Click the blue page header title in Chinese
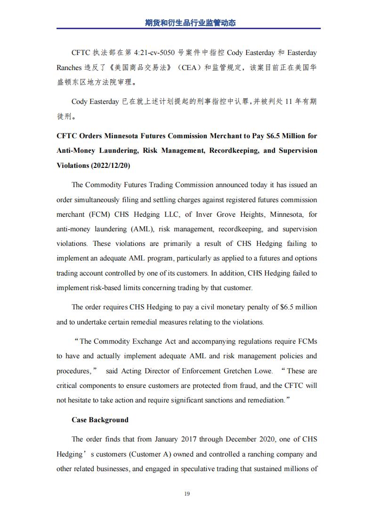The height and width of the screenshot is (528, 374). pos(187,22)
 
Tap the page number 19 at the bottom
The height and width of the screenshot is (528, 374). pos(187,494)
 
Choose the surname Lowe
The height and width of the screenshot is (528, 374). pos(263,371)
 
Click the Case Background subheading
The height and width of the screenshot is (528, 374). pos(100,420)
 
